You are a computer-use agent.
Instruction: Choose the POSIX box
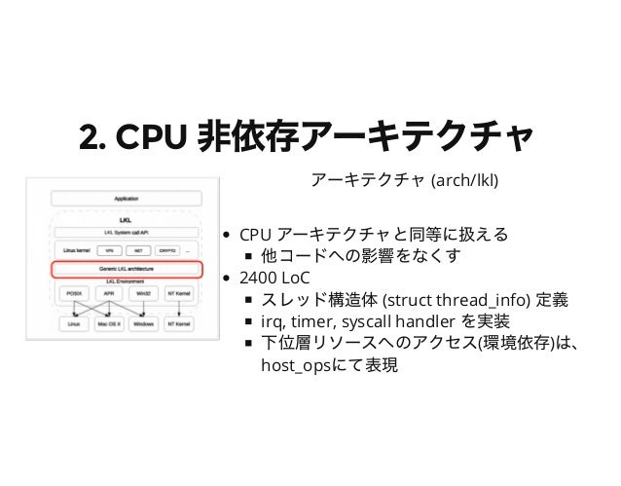pos(72,293)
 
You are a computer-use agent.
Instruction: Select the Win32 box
pos(143,293)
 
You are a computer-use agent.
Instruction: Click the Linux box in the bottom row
pos(72,322)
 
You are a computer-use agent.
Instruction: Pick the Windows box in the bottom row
pos(143,322)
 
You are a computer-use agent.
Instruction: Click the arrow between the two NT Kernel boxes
pos(180,308)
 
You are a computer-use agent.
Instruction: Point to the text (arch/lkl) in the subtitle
pos(470,180)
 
